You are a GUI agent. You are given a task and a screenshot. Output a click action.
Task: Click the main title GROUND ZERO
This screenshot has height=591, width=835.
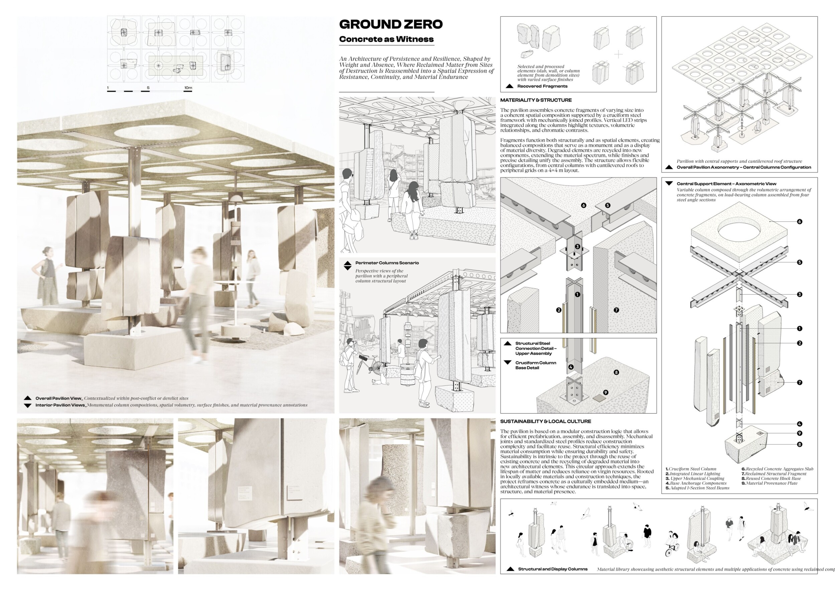(390, 24)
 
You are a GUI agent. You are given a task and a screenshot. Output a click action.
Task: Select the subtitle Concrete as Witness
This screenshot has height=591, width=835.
(386, 39)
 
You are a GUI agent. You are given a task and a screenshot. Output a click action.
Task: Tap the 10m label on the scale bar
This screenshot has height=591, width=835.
(188, 88)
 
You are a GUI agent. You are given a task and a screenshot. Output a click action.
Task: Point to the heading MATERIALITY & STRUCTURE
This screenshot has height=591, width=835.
(536, 100)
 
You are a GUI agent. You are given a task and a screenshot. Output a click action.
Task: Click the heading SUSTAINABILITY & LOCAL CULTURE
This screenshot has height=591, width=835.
(545, 422)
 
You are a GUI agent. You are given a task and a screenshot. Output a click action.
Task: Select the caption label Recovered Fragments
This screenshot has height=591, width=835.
(542, 86)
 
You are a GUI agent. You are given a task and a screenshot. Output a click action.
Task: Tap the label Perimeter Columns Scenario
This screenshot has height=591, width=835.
(387, 263)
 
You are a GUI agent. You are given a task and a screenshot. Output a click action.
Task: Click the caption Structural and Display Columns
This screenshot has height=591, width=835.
(552, 569)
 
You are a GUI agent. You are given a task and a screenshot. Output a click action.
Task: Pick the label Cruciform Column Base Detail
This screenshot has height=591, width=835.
(535, 365)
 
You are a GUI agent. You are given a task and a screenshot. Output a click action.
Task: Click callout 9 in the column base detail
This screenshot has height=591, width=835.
(606, 392)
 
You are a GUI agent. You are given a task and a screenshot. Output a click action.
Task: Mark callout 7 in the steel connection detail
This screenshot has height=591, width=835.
(616, 310)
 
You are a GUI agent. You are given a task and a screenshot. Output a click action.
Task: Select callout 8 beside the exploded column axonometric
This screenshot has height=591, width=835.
(799, 444)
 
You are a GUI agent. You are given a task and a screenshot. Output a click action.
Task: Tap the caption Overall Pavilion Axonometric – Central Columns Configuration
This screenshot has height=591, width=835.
(743, 167)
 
